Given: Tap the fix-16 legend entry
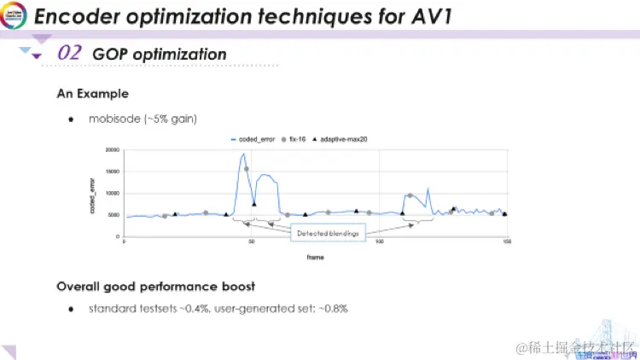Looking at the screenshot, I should click(x=299, y=138).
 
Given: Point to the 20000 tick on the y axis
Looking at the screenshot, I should click(x=111, y=150).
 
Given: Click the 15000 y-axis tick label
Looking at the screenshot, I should click(x=111, y=171).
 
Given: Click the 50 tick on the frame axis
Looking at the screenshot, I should click(x=252, y=244).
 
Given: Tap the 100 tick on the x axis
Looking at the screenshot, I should click(x=379, y=244).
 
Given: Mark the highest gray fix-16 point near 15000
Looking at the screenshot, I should click(x=247, y=169).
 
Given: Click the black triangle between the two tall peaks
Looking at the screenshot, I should click(x=253, y=203).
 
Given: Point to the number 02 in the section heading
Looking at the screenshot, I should click(x=70, y=53).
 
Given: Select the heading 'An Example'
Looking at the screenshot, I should click(x=92, y=93).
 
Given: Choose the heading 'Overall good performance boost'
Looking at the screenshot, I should click(x=155, y=286).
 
